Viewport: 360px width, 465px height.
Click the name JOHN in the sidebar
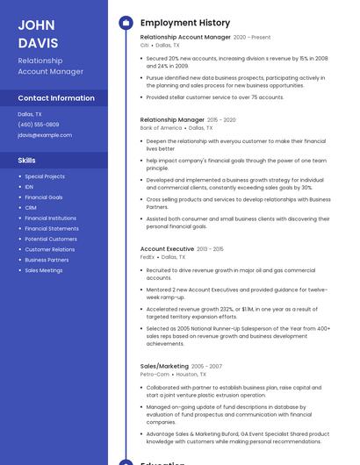tap(36, 25)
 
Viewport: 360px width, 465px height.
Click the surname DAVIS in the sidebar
tap(39, 43)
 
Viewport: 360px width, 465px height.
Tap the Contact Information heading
tap(56, 98)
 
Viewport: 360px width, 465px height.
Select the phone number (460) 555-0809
tap(39, 125)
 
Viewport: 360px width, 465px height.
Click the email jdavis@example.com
tap(45, 135)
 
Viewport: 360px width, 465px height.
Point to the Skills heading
tap(27, 161)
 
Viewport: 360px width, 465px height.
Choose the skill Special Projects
tap(45, 176)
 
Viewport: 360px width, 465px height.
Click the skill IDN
tap(29, 187)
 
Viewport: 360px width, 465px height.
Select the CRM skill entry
tap(30, 208)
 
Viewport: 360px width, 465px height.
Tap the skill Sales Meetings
tap(44, 270)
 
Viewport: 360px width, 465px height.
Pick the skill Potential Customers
tap(51, 239)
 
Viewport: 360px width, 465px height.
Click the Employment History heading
tap(185, 23)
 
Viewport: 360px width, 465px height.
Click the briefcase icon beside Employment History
tap(126, 23)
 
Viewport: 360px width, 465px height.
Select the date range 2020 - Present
tap(252, 38)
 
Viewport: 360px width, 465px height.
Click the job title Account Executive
tap(167, 249)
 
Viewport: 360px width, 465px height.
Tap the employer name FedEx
tap(148, 257)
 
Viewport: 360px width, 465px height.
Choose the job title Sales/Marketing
tap(164, 366)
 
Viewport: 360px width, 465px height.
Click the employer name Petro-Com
tap(155, 374)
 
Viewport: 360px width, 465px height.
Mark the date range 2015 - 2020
tap(221, 119)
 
